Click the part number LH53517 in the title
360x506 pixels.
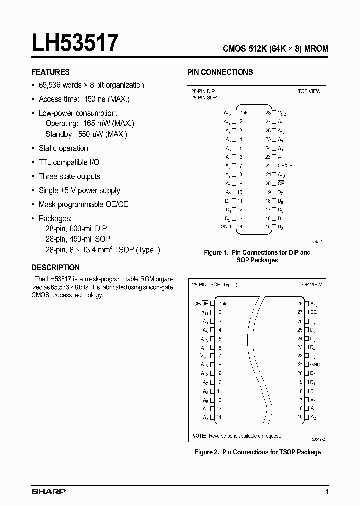pyautogui.click(x=75, y=43)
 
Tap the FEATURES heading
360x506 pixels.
pyautogui.click(x=50, y=72)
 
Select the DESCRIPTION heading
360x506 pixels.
pyautogui.click(x=55, y=267)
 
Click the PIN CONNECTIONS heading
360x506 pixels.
pyautogui.click(x=220, y=72)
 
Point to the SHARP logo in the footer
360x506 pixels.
pyautogui.click(x=48, y=492)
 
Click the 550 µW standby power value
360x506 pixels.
pyautogui.click(x=92, y=134)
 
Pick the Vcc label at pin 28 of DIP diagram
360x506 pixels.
pyautogui.click(x=282, y=113)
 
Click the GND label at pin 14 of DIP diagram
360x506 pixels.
pyautogui.click(x=225, y=227)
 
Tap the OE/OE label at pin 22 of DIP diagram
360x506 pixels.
pyautogui.click(x=285, y=165)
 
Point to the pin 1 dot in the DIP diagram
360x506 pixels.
pyautogui.click(x=245, y=113)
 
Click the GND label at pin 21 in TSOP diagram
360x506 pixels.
pyautogui.click(x=315, y=365)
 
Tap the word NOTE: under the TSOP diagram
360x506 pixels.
pyautogui.click(x=199, y=436)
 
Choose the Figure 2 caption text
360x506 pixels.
pyautogui.click(x=257, y=452)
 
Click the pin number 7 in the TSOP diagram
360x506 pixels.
pyautogui.click(x=220, y=356)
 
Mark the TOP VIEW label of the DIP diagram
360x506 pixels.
pyautogui.click(x=309, y=91)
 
